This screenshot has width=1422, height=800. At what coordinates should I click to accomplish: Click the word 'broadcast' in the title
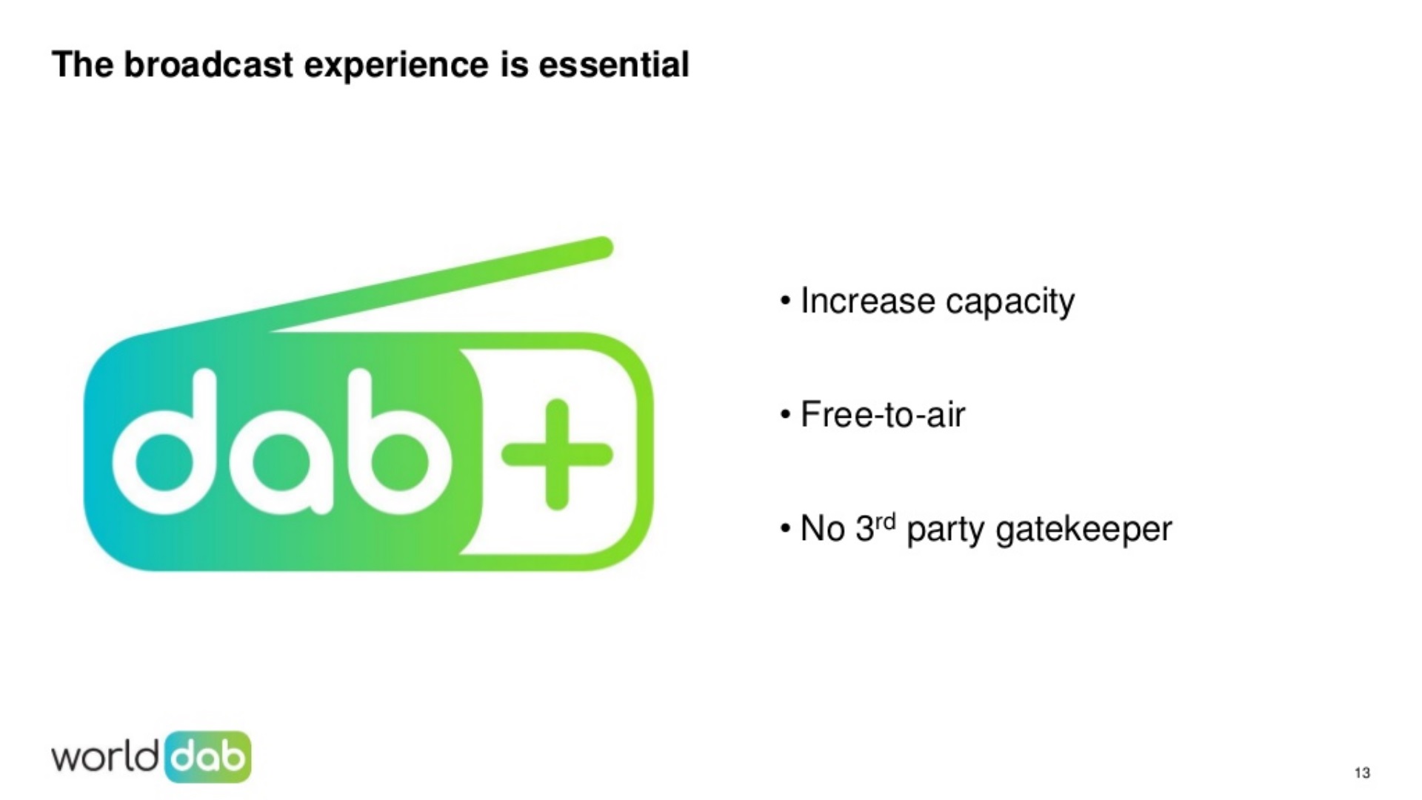tap(209, 64)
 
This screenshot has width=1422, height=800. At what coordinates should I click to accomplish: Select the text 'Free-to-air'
tap(883, 414)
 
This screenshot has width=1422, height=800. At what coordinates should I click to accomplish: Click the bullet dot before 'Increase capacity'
tap(786, 302)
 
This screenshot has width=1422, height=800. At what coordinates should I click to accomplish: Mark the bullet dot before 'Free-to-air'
tap(786, 416)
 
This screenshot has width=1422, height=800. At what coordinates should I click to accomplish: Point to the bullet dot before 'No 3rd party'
tap(786, 530)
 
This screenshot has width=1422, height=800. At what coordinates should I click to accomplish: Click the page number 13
tap(1362, 773)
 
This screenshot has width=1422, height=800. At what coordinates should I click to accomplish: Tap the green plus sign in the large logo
tap(557, 454)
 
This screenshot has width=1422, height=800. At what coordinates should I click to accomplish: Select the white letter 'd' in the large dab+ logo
tap(164, 443)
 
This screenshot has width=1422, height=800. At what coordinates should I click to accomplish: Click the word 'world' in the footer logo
tap(104, 756)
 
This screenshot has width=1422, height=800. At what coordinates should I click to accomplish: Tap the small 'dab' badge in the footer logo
tap(208, 757)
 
